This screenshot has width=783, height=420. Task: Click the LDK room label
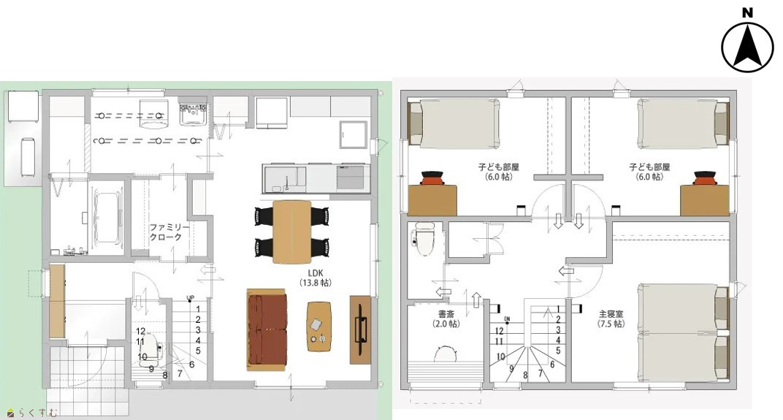pos(315,278)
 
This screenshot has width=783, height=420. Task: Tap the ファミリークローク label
pos(169,232)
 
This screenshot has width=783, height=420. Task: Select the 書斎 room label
pos(446,318)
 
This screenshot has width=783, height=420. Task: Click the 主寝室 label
pos(611,318)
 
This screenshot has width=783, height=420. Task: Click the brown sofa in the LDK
pos(267,329)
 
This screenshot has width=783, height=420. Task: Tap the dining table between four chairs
pos(292,232)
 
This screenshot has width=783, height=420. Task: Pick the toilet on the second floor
pos(424,238)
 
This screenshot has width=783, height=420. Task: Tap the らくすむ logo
pos(32,413)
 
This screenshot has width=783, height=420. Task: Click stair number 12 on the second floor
pos(500,331)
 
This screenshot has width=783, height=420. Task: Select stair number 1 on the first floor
pos(198,309)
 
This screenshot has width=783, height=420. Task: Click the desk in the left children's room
pos(432,199)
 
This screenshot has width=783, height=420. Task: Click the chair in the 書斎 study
pos(446,354)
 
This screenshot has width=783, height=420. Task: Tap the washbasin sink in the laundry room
pos(193,114)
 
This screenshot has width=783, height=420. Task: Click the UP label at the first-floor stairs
pos(190,299)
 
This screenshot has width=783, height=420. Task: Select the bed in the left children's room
pos(454,123)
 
